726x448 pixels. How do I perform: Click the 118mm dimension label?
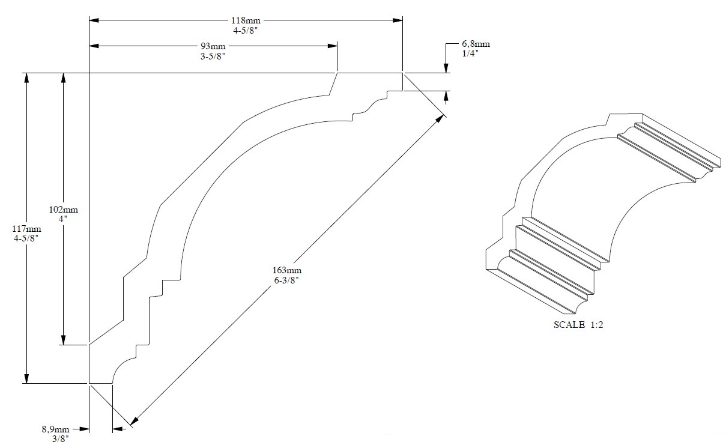point(246,20)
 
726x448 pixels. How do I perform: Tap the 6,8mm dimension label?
point(476,44)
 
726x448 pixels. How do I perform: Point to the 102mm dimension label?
point(63,210)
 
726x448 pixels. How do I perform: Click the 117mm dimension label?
point(27,229)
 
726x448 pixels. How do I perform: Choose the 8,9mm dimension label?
point(55,429)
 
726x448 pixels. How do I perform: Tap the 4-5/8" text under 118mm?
point(246,29)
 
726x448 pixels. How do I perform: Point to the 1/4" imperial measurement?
point(470,53)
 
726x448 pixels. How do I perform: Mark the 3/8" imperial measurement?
point(59,439)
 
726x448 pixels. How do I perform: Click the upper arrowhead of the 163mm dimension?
point(440,118)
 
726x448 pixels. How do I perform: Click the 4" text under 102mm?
point(63,219)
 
